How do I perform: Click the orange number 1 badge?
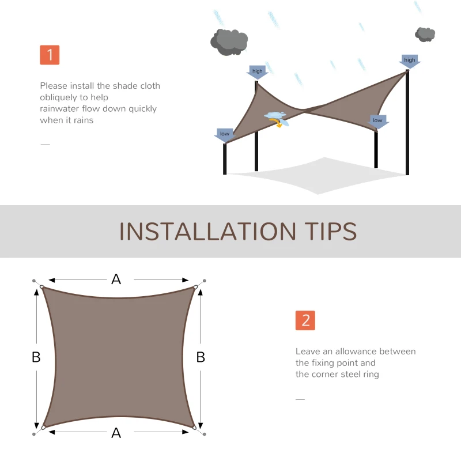50,55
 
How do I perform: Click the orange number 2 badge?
305,320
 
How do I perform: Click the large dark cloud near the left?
229,41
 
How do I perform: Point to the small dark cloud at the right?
425,34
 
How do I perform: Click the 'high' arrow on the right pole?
409,61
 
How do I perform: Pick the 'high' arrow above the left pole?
257,72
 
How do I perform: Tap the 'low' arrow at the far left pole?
224,134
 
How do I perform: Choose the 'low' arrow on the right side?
377,121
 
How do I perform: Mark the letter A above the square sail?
116,279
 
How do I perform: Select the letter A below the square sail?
116,433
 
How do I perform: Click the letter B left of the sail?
36,357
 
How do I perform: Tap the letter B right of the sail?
201,357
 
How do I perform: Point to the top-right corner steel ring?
196,287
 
